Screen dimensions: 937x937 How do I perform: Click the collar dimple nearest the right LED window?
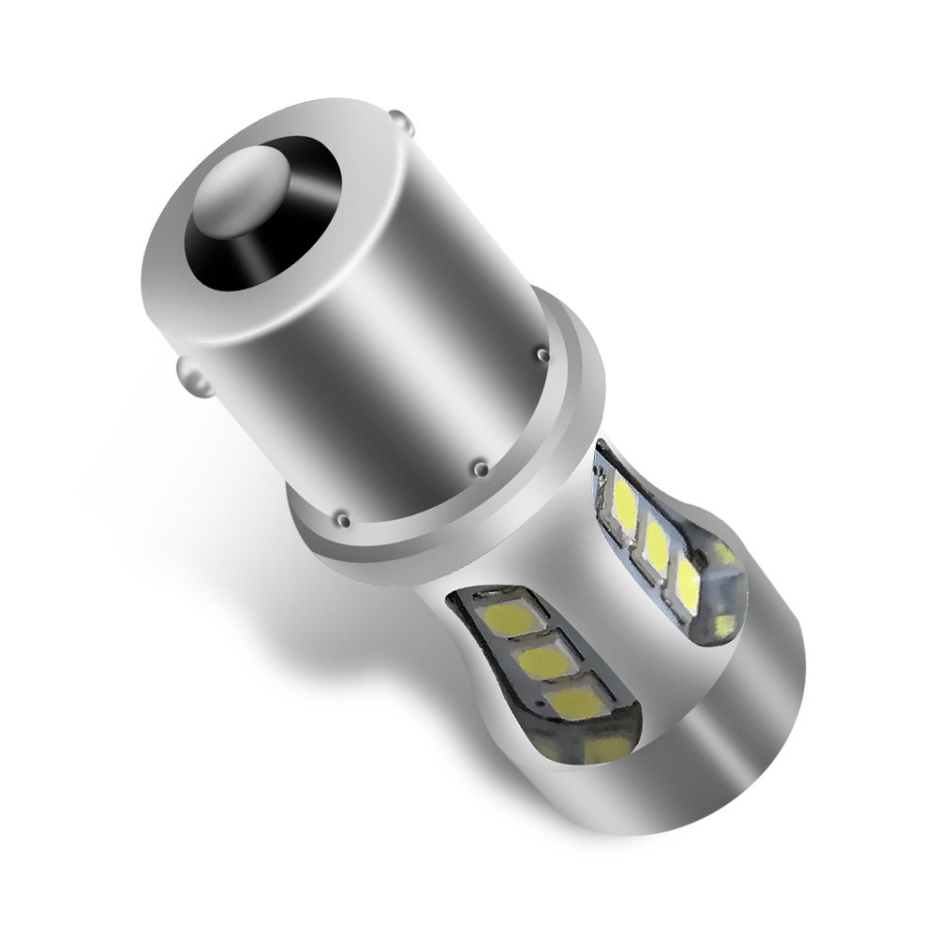pyautogui.click(x=543, y=354)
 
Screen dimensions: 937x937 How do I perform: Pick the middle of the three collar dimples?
pyautogui.click(x=480, y=466)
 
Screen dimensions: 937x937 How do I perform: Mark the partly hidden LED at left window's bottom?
pyautogui.click(x=609, y=747)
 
